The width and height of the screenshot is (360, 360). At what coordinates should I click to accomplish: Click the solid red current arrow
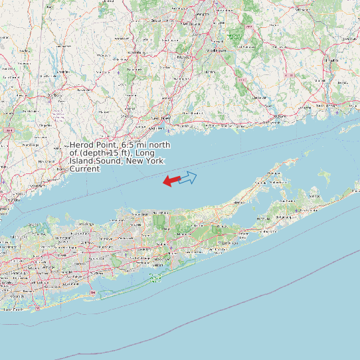click(x=171, y=180)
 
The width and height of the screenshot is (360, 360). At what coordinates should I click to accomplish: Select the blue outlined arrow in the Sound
click(x=189, y=177)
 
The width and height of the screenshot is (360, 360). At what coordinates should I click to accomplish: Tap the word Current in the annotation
click(x=84, y=169)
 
